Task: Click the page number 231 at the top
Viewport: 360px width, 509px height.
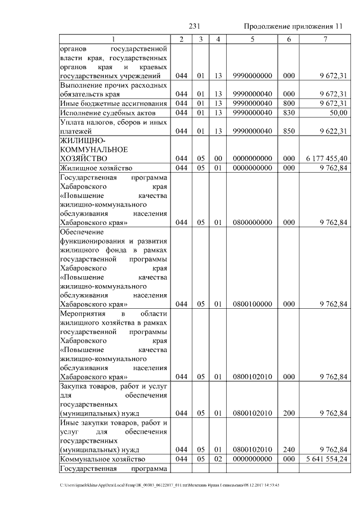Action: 195,26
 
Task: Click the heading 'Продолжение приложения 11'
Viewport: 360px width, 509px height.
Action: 292,26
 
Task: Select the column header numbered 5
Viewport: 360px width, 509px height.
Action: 252,39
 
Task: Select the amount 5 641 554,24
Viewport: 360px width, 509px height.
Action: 324,459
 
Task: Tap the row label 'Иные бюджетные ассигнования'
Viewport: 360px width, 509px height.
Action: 113,103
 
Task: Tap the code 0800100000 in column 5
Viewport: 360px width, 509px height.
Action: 252,304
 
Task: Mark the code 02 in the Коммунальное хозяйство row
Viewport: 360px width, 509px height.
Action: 218,459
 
